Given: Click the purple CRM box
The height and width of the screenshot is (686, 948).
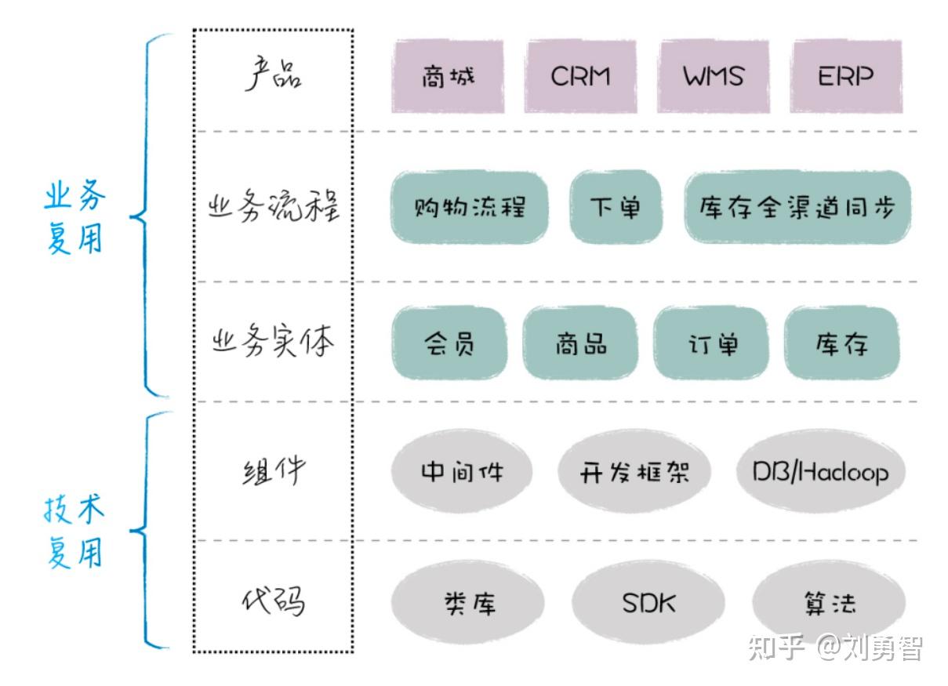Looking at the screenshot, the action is point(581,77).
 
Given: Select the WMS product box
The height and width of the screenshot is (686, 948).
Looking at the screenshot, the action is point(714,77).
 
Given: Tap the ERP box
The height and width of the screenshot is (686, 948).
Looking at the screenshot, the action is point(846,77).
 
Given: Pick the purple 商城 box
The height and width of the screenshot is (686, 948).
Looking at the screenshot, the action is point(448,77).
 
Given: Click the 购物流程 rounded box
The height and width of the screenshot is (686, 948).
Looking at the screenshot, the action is point(470,207).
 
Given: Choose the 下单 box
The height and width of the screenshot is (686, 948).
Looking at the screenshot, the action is point(616,207).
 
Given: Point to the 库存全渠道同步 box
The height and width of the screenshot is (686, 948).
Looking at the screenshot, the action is point(797,207).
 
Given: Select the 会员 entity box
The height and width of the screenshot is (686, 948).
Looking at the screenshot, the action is point(449,343).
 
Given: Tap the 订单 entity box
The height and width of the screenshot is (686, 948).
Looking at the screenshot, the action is point(711,343).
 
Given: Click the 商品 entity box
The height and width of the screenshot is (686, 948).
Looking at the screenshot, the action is point(581,343).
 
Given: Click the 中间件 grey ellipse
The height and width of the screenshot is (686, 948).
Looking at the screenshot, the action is point(462,471).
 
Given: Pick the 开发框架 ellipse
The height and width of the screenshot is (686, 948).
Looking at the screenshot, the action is point(634,471).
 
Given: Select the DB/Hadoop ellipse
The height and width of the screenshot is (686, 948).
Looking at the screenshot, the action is point(821,471).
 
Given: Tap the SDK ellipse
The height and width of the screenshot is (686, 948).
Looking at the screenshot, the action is point(648,603).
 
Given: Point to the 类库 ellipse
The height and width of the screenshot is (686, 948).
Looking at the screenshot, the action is point(467,603).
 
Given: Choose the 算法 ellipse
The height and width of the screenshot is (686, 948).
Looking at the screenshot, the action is point(829,603).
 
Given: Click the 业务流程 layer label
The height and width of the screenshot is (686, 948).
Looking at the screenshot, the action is point(274,206).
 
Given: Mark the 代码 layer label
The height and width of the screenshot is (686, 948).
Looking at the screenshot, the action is point(274,601).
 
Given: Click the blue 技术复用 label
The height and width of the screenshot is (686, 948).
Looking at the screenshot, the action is point(74,532).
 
